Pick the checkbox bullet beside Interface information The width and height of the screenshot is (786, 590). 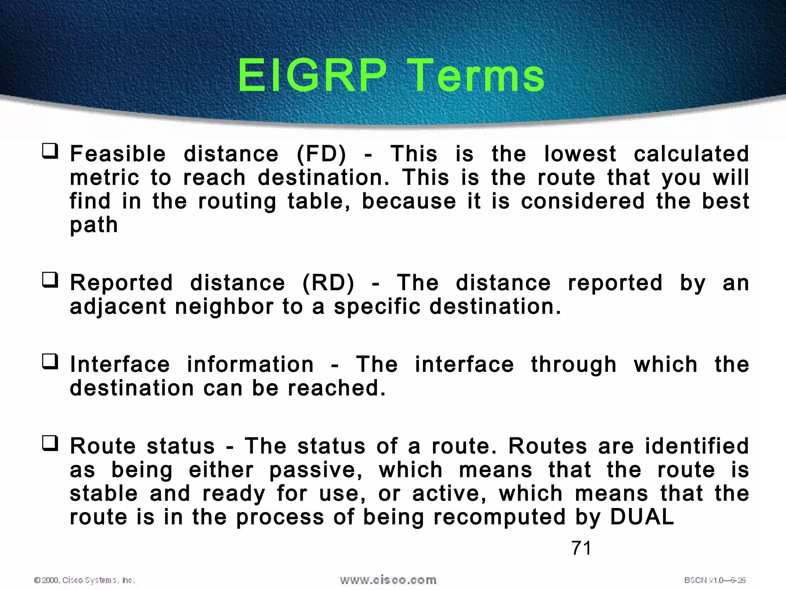click(x=50, y=361)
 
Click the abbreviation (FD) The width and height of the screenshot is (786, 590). click(x=322, y=154)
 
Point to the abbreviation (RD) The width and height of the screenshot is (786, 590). click(x=328, y=283)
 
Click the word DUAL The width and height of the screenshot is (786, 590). click(x=642, y=517)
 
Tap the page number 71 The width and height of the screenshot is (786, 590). click(x=581, y=548)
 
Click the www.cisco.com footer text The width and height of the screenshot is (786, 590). click(x=388, y=580)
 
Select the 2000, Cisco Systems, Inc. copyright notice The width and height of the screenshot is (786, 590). click(x=85, y=580)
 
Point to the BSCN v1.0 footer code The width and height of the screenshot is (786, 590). click(x=715, y=580)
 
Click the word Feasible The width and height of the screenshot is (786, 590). click(x=118, y=154)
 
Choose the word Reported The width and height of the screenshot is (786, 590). click(x=121, y=283)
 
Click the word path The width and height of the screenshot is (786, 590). click(x=94, y=225)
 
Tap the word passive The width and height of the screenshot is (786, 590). click(x=315, y=470)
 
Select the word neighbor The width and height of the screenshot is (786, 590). click(x=224, y=307)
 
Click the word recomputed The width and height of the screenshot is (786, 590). click(x=499, y=517)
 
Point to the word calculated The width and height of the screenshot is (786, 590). click(x=691, y=154)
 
